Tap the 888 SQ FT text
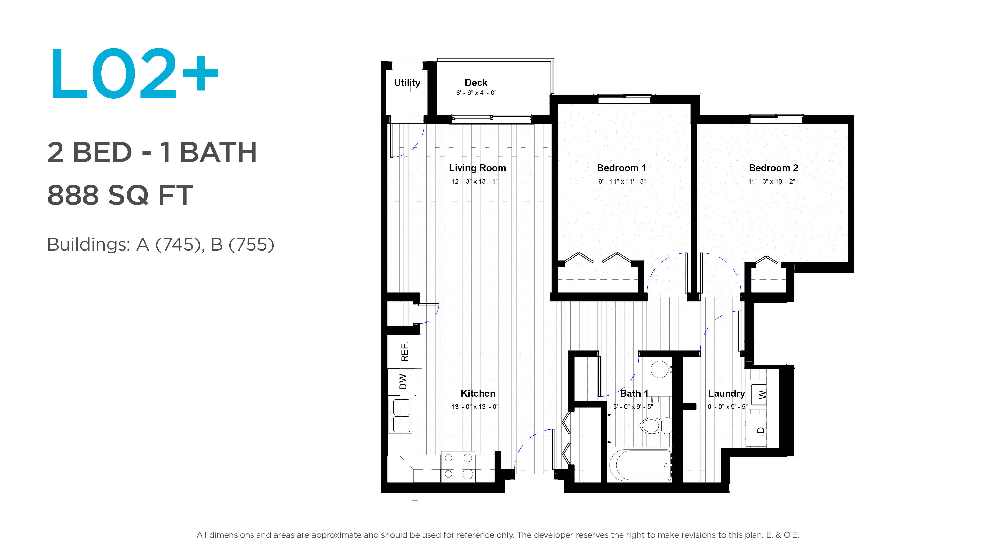pos(120,195)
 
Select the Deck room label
pos(476,83)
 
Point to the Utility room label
pos(407,83)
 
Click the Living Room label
pos(477,168)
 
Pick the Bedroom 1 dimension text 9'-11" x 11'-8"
pos(622,181)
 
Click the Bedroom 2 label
pos(773,168)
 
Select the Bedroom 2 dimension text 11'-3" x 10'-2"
pos(772,181)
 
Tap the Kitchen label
pos(478,393)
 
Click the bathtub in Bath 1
pos(640,465)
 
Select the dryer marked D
pos(756,430)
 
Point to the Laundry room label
pos(726,393)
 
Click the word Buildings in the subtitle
pos(88,245)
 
